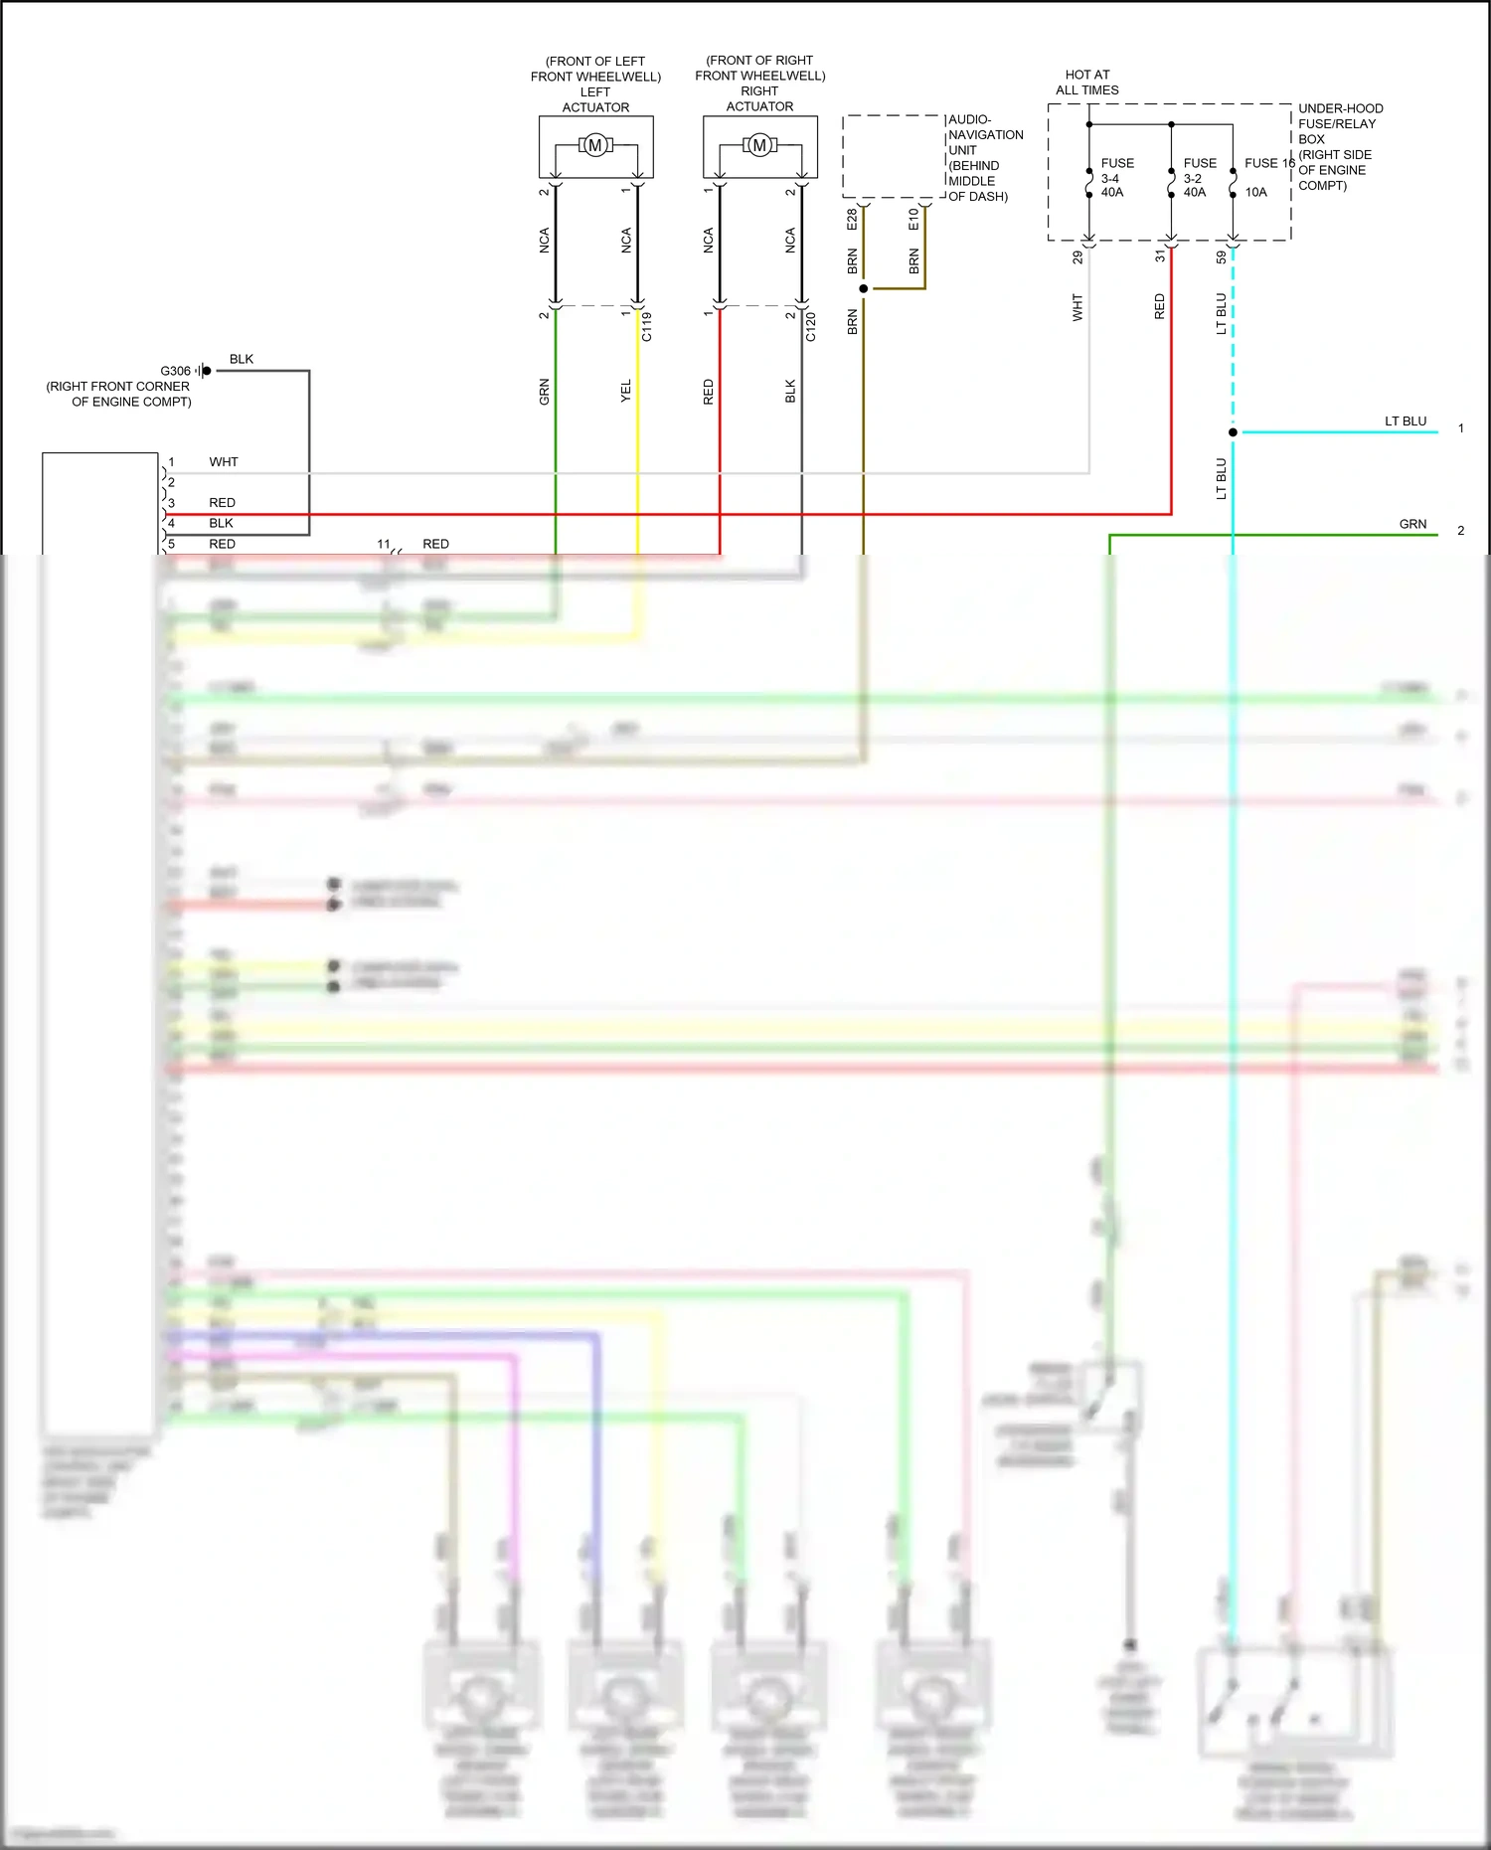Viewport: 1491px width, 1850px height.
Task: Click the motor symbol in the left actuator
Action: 595,146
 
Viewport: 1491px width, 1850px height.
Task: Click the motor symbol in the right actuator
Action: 759,146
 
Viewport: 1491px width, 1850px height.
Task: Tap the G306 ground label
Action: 175,371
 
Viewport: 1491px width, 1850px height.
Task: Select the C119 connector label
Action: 647,327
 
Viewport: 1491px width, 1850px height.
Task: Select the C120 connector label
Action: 811,327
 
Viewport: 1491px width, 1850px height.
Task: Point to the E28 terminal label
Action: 852,220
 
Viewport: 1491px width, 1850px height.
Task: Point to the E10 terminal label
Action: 913,220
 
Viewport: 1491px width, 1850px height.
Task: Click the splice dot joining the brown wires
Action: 864,288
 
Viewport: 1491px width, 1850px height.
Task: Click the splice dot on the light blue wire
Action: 1233,432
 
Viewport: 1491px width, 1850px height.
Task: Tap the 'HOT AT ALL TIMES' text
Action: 1087,83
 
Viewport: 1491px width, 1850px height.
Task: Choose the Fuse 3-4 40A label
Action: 1113,178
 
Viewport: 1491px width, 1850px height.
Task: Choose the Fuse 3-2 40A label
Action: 1196,178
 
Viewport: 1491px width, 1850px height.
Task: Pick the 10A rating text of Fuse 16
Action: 1256,193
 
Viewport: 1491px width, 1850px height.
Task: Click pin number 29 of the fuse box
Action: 1077,256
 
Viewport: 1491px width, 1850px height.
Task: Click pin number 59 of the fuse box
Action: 1222,256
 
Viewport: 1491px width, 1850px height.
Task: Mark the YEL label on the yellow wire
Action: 626,392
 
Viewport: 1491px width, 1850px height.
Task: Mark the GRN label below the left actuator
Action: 545,392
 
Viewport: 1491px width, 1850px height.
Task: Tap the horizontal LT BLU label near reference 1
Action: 1406,421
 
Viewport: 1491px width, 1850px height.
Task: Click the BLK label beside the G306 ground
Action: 242,359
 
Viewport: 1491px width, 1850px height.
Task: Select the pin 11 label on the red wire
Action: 384,544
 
